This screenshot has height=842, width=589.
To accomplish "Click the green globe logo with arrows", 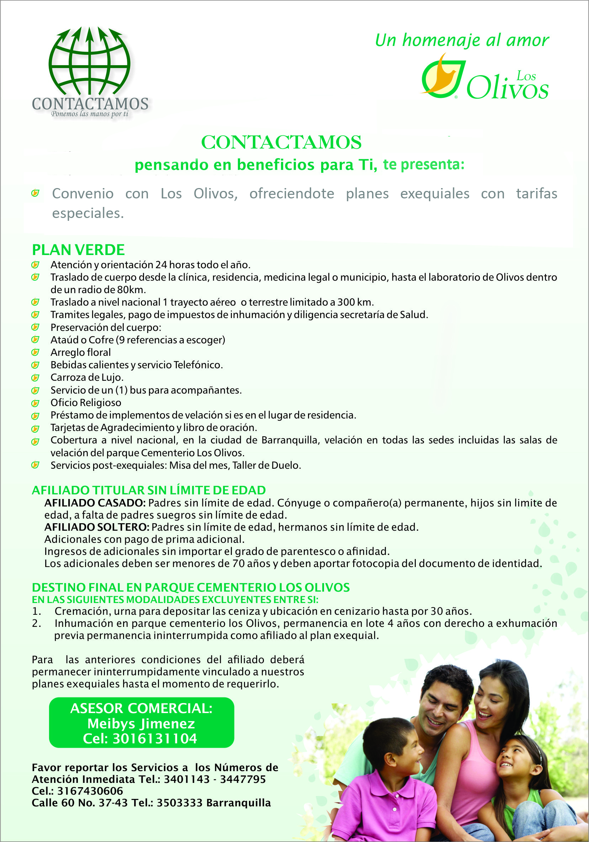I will point(89,62).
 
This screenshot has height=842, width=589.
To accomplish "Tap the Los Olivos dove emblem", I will point(443,76).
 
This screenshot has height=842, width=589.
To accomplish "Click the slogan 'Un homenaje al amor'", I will point(462,40).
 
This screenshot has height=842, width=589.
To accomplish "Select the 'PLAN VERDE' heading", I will point(78,250).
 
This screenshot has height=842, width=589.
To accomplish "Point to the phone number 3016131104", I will point(155,739).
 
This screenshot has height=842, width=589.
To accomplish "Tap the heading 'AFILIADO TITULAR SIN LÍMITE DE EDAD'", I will point(149,490).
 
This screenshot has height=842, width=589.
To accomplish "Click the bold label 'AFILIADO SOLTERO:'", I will point(97,527).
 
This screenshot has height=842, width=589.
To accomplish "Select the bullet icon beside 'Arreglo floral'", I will point(35,352).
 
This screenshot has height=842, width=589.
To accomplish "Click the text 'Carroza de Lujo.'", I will point(87,377).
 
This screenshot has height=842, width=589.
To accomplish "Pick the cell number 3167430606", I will point(90,791).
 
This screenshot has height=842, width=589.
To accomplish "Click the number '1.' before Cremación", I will point(36,611).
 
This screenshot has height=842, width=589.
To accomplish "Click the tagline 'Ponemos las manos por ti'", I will point(90,114).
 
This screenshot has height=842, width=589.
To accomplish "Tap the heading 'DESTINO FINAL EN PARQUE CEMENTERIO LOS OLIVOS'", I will point(191,587).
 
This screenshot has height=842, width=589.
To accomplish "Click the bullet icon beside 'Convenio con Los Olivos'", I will point(35,193).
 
